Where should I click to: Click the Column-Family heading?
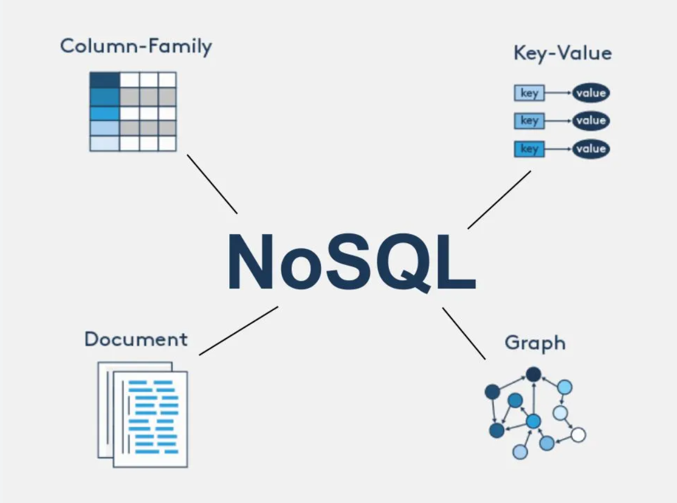(136, 46)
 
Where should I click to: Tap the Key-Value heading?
(562, 54)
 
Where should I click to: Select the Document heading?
(136, 339)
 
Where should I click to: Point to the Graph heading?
(535, 343)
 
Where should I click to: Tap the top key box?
(529, 93)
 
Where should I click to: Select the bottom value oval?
(591, 149)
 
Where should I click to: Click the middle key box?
(529, 120)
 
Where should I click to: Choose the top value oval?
(591, 93)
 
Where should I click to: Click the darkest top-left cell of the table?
(104, 80)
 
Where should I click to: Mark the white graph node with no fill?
(578, 435)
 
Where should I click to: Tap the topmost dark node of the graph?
(533, 374)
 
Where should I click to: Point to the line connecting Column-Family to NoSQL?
(212, 184)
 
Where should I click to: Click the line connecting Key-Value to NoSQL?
(499, 200)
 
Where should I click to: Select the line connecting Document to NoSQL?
(238, 330)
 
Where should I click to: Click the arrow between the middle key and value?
(558, 120)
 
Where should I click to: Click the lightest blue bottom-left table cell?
(104, 143)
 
